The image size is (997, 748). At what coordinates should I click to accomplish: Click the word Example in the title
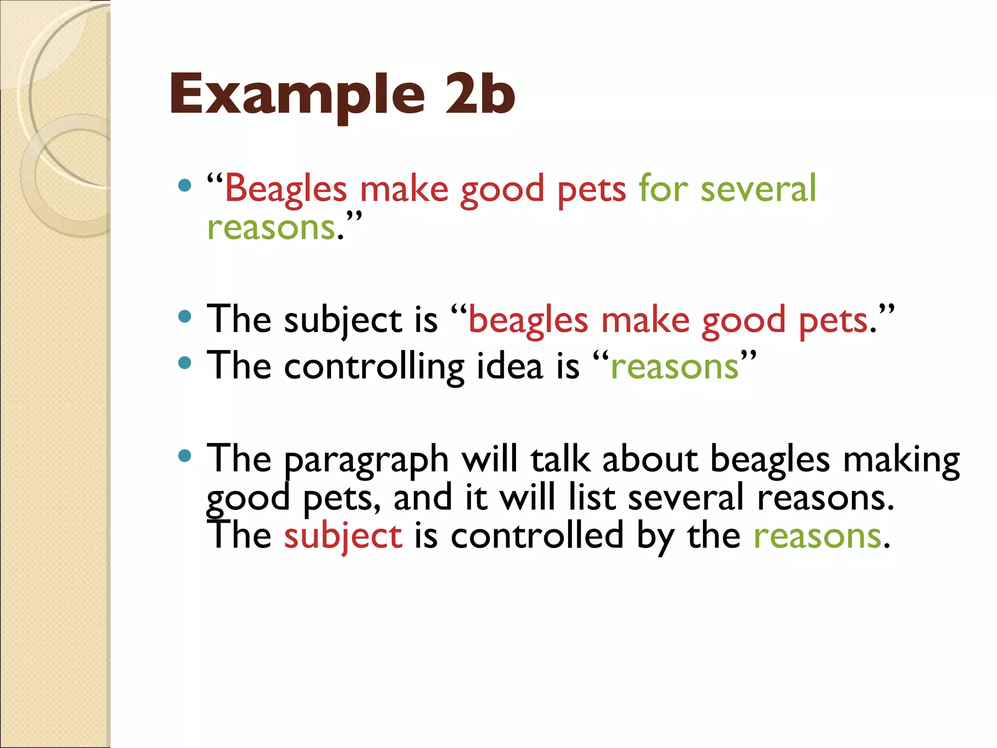297,95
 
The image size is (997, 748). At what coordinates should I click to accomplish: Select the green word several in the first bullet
758,189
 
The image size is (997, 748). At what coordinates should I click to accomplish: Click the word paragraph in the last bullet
366,461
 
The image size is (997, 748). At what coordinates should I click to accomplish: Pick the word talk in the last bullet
560,460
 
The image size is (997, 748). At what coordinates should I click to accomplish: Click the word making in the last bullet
901,461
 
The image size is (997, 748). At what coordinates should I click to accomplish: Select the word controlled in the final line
537,536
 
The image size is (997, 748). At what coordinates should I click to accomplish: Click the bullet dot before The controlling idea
185,363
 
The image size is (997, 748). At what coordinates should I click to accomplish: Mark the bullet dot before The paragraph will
185,456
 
